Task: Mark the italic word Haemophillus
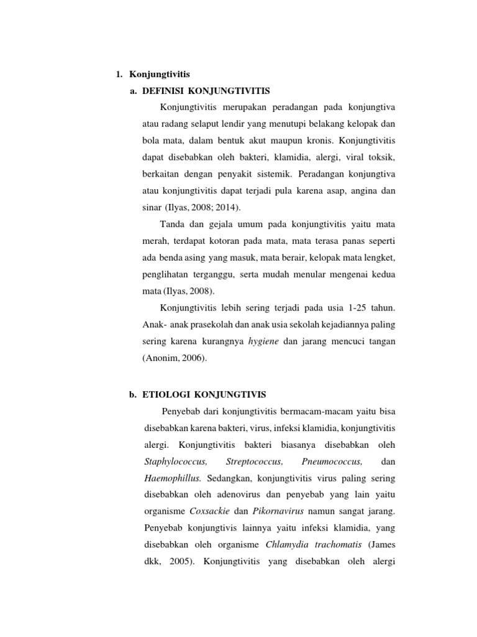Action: pyautogui.click(x=173, y=479)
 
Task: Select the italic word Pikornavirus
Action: pyautogui.click(x=276, y=512)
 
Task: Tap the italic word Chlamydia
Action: pyautogui.click(x=285, y=546)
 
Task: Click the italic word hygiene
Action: pyautogui.click(x=263, y=342)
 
